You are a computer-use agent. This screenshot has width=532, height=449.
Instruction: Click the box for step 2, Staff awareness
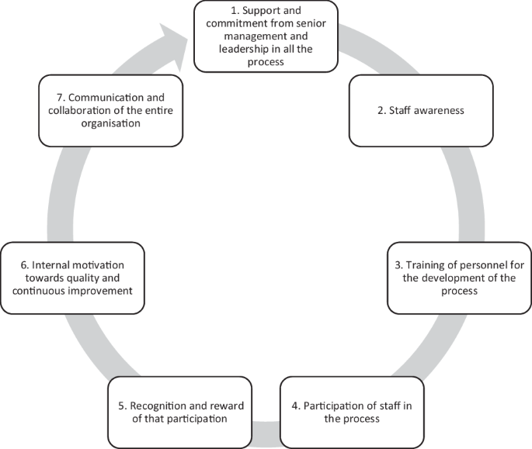pos(420,110)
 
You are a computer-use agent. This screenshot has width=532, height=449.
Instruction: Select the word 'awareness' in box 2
pos(437,110)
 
